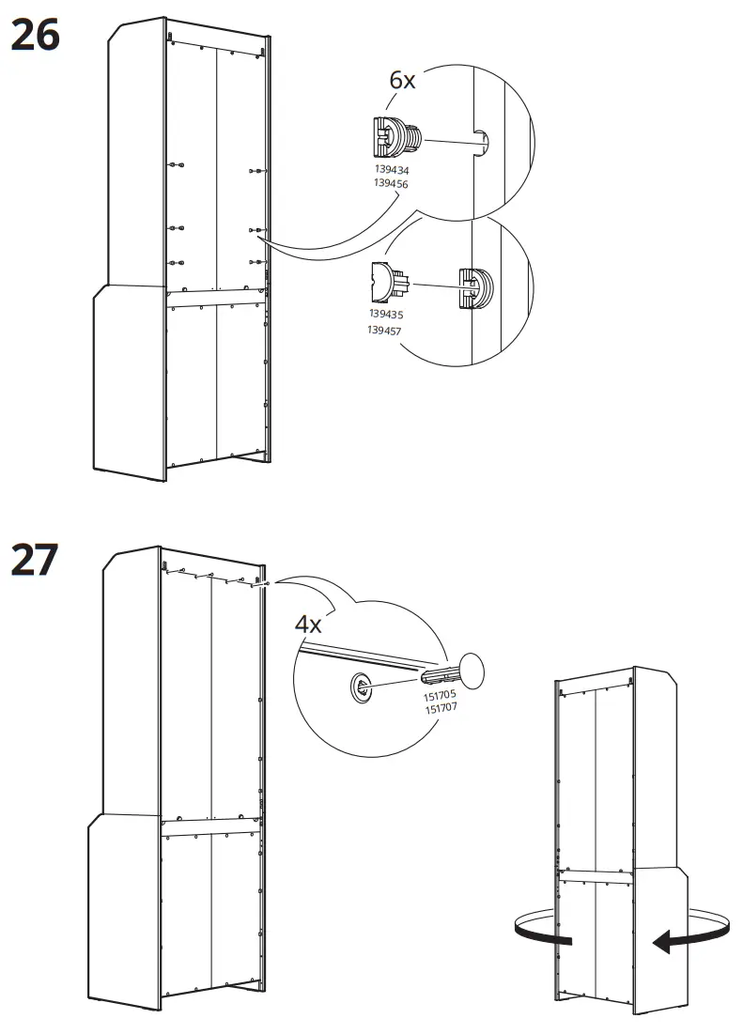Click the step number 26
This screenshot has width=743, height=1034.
pyautogui.click(x=36, y=35)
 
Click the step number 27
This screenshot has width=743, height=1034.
pyautogui.click(x=35, y=560)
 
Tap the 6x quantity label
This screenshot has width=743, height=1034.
pyautogui.click(x=402, y=81)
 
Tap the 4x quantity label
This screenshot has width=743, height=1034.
pyautogui.click(x=308, y=624)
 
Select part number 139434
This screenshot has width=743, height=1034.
pyautogui.click(x=392, y=170)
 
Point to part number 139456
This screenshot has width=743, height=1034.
pyautogui.click(x=391, y=183)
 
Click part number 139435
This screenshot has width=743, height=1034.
pyautogui.click(x=386, y=314)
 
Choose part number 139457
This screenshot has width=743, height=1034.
pyautogui.click(x=384, y=330)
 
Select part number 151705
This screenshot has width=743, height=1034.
pyautogui.click(x=440, y=695)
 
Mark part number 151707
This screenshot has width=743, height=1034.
pyautogui.click(x=441, y=708)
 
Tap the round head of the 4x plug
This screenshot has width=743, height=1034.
pyautogui.click(x=471, y=670)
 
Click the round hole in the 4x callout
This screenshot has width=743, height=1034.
pyautogui.click(x=360, y=687)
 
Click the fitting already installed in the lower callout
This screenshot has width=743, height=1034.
pyautogui.click(x=475, y=286)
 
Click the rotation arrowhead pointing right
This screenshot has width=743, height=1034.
pyautogui.click(x=562, y=937)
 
